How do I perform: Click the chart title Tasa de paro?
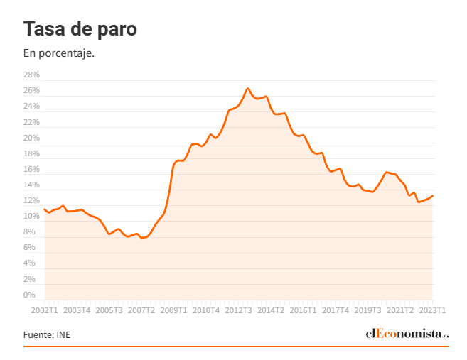(80, 29)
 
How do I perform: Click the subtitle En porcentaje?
(59, 53)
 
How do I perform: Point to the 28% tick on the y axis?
(31, 75)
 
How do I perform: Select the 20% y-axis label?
(31, 138)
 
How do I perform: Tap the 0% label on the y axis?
(29, 295)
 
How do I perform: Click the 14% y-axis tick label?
(31, 185)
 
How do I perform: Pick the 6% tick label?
(29, 248)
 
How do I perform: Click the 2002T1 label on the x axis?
(44, 310)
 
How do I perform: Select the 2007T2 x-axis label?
(141, 310)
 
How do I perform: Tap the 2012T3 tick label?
(238, 310)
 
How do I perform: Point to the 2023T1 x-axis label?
(432, 310)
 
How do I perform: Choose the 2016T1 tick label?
(303, 310)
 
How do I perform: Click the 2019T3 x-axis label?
(367, 310)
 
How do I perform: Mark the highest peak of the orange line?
(247, 89)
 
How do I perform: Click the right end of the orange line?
(432, 196)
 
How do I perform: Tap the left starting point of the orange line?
(44, 209)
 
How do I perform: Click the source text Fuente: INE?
(47, 334)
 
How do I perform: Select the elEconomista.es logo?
(407, 334)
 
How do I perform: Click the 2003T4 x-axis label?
(77, 310)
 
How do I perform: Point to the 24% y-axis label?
(31, 107)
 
